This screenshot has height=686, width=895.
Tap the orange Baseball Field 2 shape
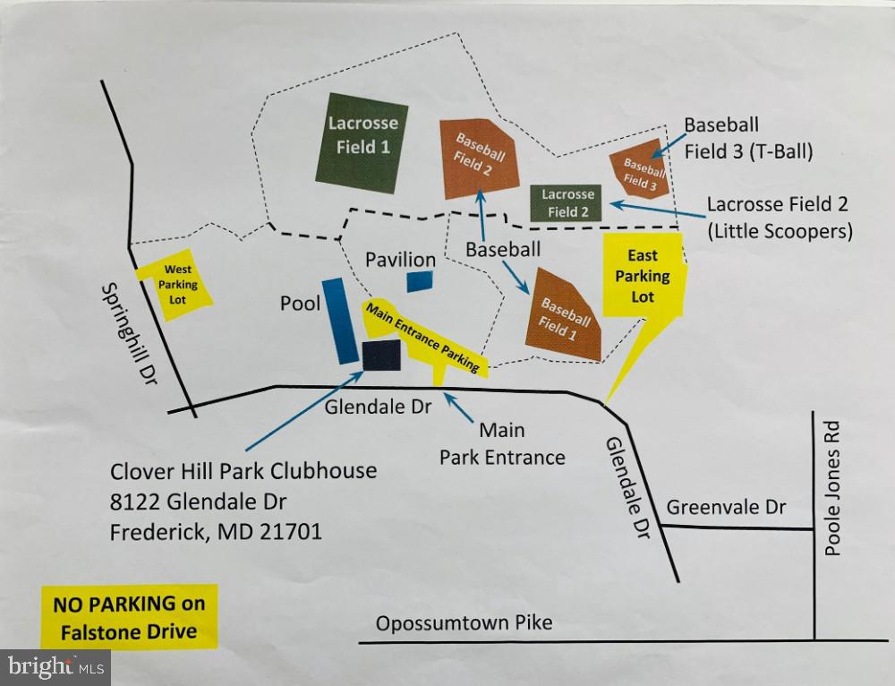(x=480, y=158)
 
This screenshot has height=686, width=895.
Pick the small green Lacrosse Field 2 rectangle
(x=567, y=202)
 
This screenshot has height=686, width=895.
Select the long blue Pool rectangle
(x=340, y=320)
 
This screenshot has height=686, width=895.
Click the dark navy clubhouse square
(x=381, y=356)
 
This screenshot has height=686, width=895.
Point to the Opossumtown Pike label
(x=464, y=623)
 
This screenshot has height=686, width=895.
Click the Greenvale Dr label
(x=726, y=508)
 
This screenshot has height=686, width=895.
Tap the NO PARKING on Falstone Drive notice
(x=128, y=618)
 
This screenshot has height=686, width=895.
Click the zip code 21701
(x=290, y=532)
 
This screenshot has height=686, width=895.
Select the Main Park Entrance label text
(x=501, y=443)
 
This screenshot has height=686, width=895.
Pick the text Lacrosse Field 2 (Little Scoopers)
(x=779, y=218)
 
